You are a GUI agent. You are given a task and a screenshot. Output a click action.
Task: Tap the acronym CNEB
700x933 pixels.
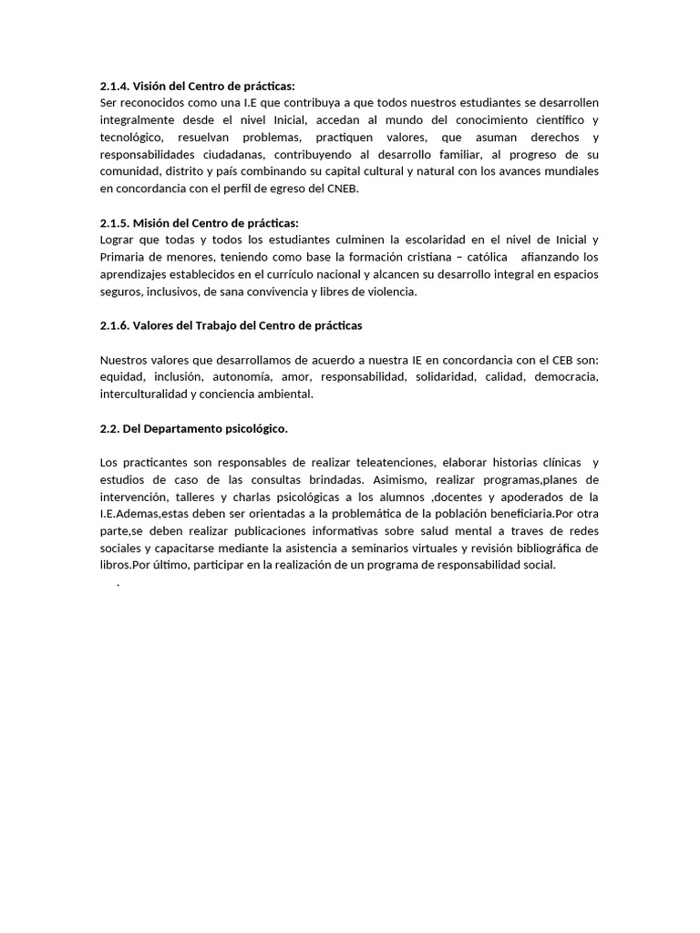click(x=339, y=189)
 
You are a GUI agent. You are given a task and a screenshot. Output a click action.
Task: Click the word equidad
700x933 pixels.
click(x=122, y=377)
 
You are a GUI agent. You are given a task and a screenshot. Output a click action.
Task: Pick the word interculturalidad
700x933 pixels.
click(x=144, y=395)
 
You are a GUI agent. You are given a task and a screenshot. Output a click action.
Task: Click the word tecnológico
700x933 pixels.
click(x=134, y=137)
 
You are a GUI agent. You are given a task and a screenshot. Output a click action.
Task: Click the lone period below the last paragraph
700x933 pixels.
click(x=118, y=584)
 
